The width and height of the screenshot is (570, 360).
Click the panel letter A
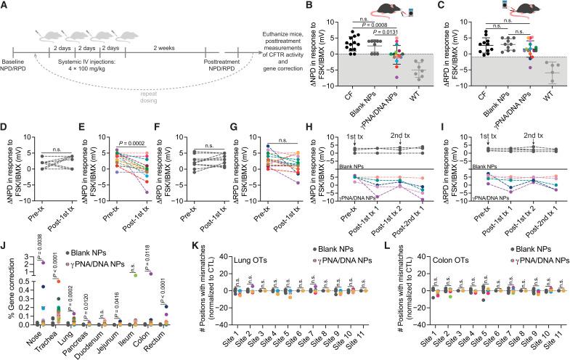[5, 6]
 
